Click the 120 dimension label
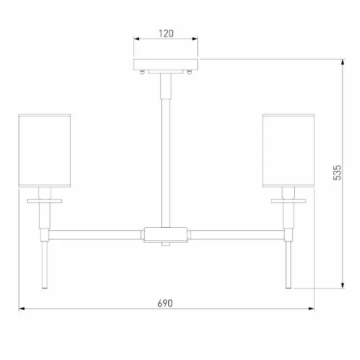pos(166,34)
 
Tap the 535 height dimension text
pos(337,173)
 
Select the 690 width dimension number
pos(165,304)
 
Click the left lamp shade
pos(45,151)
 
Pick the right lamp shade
pos(289,151)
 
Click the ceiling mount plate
pos(166,65)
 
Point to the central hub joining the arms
pos(166,235)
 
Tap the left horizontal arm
pos(94,235)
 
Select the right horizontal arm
pos(237,235)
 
